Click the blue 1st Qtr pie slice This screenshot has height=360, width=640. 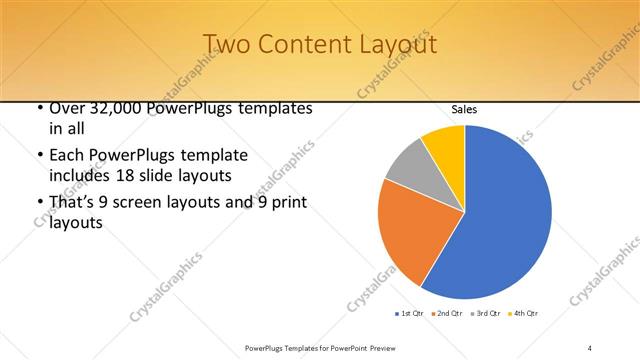[505, 215]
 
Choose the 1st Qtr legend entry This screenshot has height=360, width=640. [408, 313]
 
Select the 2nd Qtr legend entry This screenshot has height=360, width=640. [446, 313]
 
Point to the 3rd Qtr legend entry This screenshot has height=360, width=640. [485, 313]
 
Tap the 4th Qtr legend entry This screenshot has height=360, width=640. [524, 313]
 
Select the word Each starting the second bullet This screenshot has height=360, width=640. [67, 156]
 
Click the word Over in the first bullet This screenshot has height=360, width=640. [67, 108]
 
